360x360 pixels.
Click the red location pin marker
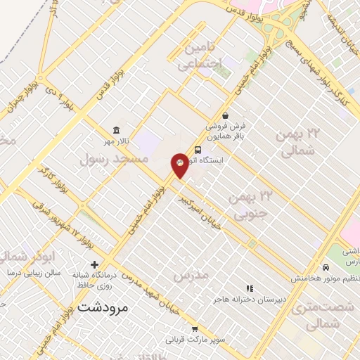coord(180,165)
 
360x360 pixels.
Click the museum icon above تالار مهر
coord(116,131)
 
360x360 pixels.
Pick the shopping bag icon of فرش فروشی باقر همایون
coord(225,116)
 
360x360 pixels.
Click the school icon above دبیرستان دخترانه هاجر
coord(250,288)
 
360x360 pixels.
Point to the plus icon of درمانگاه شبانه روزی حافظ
coord(94,264)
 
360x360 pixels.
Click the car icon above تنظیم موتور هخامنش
coord(326,267)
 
